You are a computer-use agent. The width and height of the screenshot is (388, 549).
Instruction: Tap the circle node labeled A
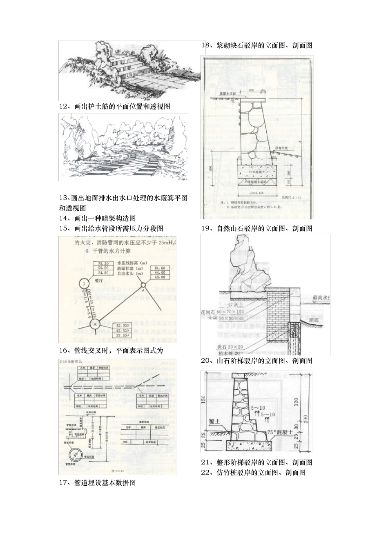pyautogui.click(x=94, y=324)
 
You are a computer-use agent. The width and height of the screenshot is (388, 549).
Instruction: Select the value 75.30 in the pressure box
pyautogui.click(x=101, y=263)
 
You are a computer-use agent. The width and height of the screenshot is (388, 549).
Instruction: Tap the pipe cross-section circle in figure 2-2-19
pyautogui.click(x=76, y=454)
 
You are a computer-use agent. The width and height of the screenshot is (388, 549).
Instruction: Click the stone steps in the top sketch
pyautogui.click(x=125, y=65)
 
